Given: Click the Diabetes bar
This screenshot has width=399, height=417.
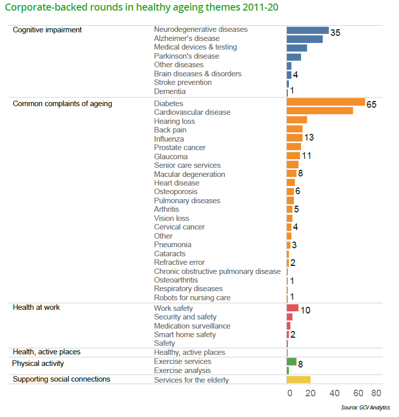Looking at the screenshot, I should (x=325, y=102).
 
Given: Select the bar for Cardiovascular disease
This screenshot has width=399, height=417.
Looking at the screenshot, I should (x=319, y=111).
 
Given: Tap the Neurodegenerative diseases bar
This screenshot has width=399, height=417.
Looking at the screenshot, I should (x=307, y=30).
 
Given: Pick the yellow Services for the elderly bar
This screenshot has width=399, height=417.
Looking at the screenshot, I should (x=298, y=380).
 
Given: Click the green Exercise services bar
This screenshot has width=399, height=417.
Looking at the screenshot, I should (x=291, y=361).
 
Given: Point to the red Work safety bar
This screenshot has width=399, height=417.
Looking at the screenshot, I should (x=292, y=308).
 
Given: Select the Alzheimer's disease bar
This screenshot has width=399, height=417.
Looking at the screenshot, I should (x=304, y=39).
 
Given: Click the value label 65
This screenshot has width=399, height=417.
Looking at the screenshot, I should (x=372, y=105).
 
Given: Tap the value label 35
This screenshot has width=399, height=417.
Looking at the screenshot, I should (x=335, y=33).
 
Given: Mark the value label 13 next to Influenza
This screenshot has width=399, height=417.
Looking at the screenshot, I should (x=309, y=138).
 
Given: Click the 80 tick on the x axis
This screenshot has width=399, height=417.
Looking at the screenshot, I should (x=376, y=393).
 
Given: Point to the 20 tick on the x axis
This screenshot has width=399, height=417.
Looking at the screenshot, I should (x=311, y=393).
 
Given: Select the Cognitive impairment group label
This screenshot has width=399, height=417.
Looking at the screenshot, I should (x=47, y=30).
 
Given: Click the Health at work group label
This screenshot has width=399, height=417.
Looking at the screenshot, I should (x=36, y=307).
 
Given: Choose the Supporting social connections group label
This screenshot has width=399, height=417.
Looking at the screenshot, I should (x=62, y=379).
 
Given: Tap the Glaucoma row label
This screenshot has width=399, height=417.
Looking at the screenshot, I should (x=171, y=157).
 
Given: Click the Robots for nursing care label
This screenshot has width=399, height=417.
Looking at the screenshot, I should (x=192, y=298).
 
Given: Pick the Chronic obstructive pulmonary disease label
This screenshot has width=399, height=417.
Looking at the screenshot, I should (x=217, y=271).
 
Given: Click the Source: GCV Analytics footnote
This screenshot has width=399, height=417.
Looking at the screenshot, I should (x=366, y=407).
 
